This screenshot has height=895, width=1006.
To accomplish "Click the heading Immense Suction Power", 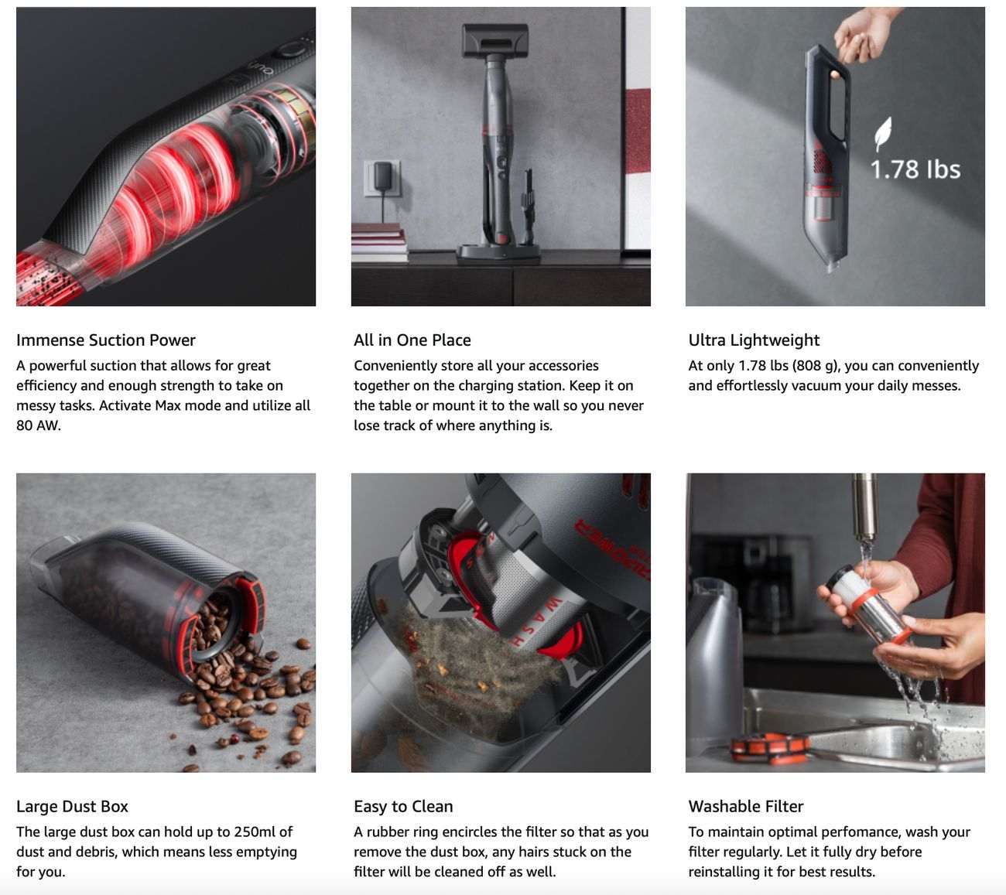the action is (x=106, y=340).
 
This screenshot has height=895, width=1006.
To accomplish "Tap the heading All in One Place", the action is (x=412, y=340).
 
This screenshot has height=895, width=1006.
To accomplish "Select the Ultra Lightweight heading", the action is (x=754, y=340).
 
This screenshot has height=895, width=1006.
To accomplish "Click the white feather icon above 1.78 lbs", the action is (x=883, y=134).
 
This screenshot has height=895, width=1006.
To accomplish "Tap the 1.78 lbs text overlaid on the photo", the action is (x=915, y=169).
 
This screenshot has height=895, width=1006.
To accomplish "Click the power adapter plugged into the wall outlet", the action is (x=382, y=176).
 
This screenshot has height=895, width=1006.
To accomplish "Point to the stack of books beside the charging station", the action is (x=379, y=243).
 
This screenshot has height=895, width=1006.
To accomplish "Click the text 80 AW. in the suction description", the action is (x=39, y=425).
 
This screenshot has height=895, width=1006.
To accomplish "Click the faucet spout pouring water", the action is (x=864, y=507).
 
